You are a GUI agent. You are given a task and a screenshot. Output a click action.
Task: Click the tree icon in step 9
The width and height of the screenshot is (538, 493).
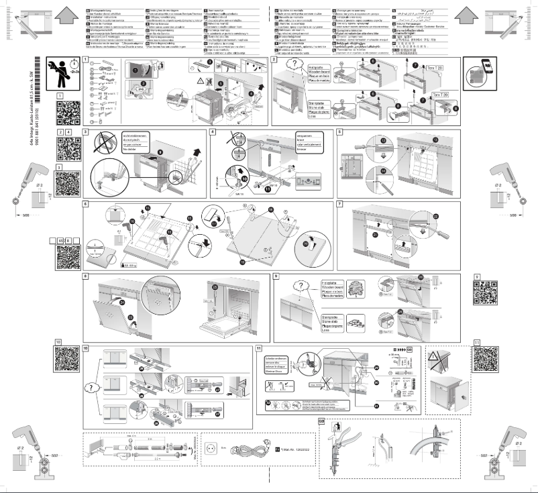351,287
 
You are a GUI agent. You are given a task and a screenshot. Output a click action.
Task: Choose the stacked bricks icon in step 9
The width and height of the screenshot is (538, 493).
349,317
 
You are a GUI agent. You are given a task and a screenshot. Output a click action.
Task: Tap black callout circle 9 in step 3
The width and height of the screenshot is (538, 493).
161,150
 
